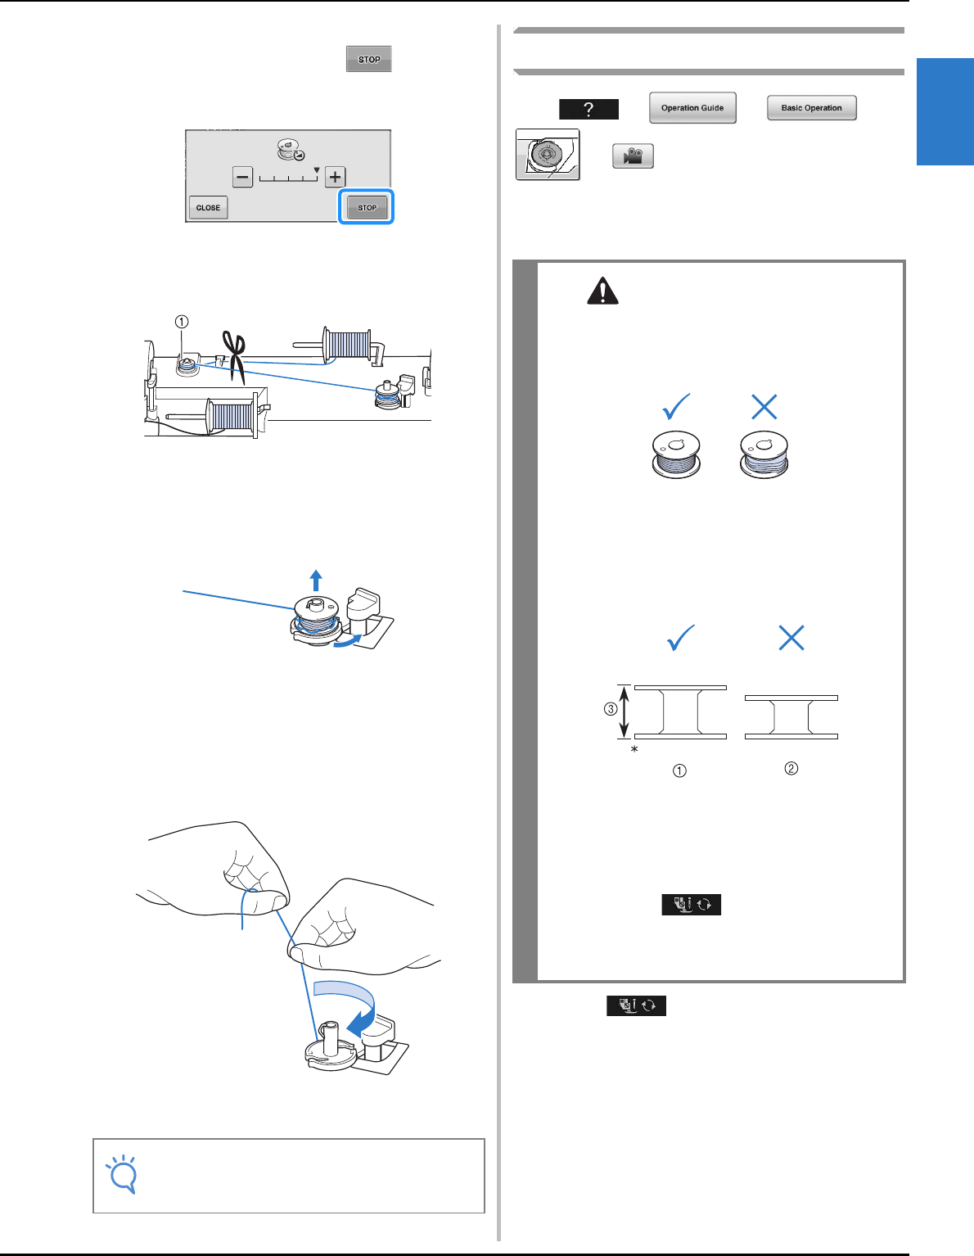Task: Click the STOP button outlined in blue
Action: (366, 207)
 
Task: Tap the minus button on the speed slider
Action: (242, 177)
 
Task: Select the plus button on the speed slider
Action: (335, 177)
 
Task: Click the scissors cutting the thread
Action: (235, 356)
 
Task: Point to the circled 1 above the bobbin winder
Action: (182, 322)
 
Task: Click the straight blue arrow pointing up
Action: (315, 580)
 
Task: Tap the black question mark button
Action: (588, 109)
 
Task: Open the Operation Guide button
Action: (692, 107)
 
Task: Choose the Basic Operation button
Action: (811, 107)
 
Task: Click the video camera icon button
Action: (633, 156)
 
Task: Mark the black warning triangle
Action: (602, 291)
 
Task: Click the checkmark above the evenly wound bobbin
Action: (676, 406)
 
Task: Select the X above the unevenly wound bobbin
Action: (764, 407)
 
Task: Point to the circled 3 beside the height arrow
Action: (611, 708)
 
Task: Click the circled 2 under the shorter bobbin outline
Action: (791, 768)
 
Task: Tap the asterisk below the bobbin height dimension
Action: (634, 750)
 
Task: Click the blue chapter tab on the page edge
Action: (945, 111)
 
